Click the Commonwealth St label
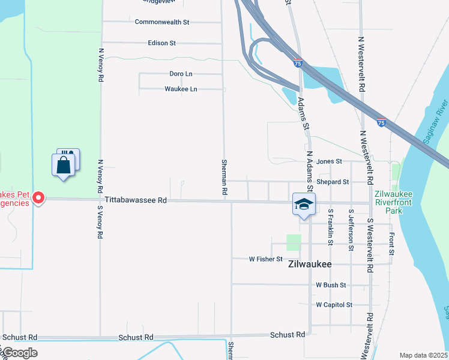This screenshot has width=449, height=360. [162, 22]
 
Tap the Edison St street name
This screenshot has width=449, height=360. [161, 43]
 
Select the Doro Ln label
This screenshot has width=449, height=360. [181, 74]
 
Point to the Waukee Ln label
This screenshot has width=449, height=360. [181, 89]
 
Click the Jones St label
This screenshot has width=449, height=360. [329, 161]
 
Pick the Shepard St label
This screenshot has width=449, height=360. [333, 182]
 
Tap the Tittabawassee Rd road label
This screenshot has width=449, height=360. [135, 201]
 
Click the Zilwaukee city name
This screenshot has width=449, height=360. [310, 264]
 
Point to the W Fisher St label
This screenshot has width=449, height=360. [265, 259]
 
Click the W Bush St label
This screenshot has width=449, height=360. [331, 285]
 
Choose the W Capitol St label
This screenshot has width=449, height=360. [334, 305]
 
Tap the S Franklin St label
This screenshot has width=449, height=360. [330, 227]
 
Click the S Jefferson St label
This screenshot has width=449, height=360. [351, 227]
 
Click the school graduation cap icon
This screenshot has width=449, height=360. [304, 205]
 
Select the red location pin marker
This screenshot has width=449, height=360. [38, 197]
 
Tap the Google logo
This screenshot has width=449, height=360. [19, 353]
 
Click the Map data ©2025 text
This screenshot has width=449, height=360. [423, 355]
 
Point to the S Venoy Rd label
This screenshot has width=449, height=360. [100, 223]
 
